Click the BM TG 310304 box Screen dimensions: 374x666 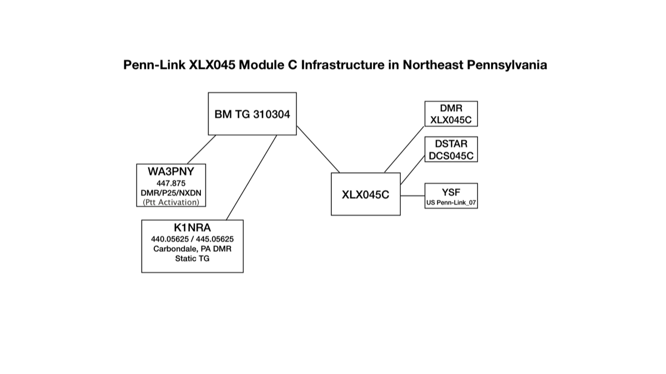tap(252, 114)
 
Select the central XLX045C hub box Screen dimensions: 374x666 tap(365, 194)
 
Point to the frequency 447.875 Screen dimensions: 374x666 tap(171, 182)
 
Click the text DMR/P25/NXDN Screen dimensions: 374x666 tap(171, 192)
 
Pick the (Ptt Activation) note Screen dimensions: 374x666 tap(171, 202)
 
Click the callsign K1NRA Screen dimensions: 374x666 tap(193, 228)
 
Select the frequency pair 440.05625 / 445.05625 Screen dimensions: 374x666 tap(193, 239)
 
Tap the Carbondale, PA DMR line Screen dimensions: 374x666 tap(193, 249)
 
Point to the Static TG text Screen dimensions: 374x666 tap(193, 259)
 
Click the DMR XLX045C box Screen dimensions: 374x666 tap(451, 114)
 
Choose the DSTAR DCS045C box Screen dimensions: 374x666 tap(451, 149)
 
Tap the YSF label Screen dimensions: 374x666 tap(451, 192)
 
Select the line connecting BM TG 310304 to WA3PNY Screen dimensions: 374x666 tap(201, 149)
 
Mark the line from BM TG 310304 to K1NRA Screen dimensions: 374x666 tap(251, 178)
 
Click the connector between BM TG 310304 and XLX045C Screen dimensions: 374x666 tap(318, 149)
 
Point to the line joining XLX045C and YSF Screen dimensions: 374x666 tap(412, 195)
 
